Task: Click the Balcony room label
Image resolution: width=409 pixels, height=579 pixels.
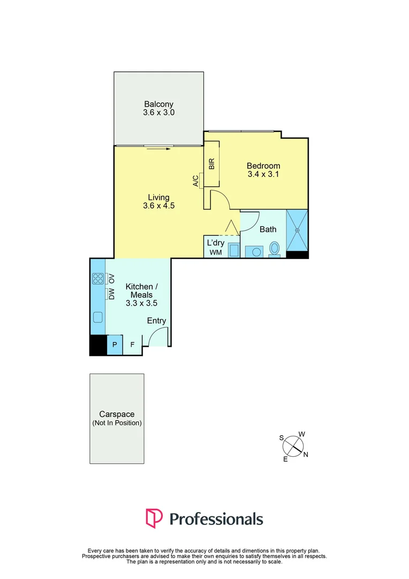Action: (159, 104)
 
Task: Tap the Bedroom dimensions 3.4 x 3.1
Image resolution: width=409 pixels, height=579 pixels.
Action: (263, 175)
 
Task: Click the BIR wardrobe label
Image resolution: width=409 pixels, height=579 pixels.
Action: (211, 165)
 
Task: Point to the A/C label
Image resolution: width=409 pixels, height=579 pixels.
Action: (196, 181)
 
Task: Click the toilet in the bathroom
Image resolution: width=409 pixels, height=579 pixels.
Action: (275, 249)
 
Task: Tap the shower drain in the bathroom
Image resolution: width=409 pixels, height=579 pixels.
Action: (298, 231)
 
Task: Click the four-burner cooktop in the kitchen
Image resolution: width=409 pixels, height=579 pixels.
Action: (98, 278)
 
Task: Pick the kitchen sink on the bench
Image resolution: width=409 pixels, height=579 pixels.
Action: (98, 317)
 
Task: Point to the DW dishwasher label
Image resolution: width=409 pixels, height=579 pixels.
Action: (112, 294)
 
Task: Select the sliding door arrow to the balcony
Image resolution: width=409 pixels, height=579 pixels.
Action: (159, 149)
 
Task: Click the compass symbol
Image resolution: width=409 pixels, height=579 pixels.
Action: (294, 446)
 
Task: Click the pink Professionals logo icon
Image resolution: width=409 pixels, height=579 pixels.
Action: (154, 518)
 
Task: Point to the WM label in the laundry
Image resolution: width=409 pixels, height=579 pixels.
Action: (215, 252)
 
